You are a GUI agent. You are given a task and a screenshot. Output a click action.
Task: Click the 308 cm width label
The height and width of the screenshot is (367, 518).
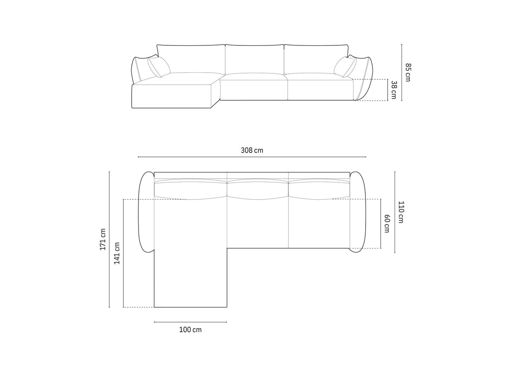pos(252,150)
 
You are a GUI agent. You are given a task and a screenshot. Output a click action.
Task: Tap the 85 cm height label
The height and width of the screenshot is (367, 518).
pos(408,72)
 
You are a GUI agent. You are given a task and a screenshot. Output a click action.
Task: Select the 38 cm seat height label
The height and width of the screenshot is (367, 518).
pos(394,89)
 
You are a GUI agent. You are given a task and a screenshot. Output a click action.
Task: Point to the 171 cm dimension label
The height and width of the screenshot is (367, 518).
pos(103,239)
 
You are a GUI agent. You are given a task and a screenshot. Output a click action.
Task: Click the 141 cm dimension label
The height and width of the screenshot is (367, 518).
pos(117,253)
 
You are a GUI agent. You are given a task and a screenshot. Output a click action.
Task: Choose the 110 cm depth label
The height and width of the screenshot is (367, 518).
pos(401,212)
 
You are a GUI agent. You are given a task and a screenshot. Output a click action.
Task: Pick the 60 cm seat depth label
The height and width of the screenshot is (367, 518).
pos(387,223)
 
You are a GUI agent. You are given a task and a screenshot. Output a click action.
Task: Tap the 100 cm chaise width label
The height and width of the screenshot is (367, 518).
pos(190,330)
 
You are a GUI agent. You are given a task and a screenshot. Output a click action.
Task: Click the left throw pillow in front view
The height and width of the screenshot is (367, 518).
pos(159,67)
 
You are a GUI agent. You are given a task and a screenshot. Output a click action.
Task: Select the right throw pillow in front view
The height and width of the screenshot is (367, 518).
pos(345,67)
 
